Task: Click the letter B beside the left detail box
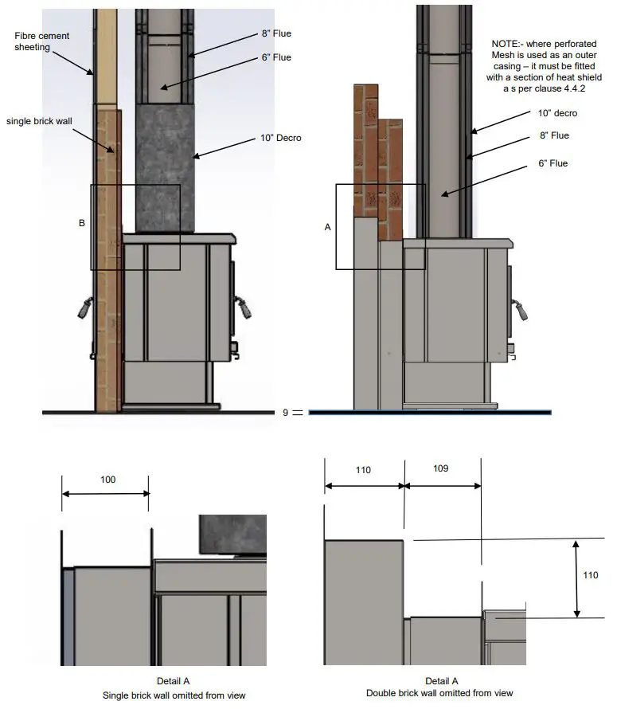81,224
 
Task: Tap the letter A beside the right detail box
327,227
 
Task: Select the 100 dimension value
107,480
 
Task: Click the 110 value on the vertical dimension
590,575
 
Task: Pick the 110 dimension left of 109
363,470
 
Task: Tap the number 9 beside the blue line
285,413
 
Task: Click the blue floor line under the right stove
430,413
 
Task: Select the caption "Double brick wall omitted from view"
440,693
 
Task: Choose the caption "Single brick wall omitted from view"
174,695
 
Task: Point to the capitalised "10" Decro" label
280,139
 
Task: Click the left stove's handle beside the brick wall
84,307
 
